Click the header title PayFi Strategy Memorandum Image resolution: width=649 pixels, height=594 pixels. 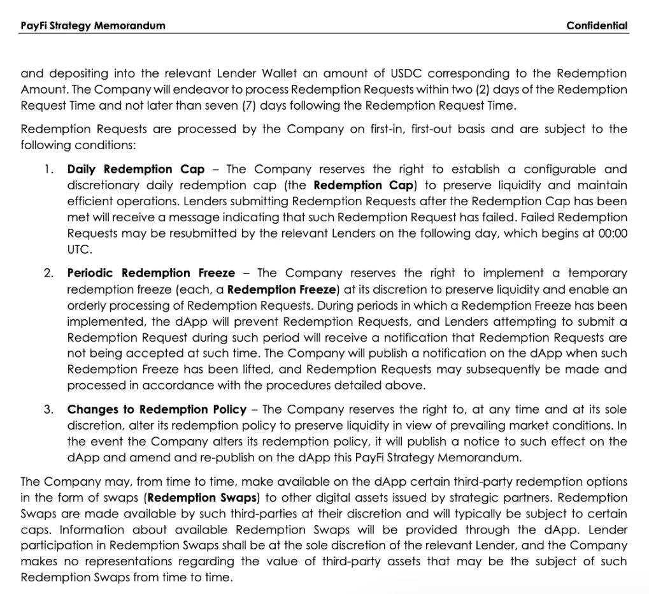pyautogui.click(x=92, y=25)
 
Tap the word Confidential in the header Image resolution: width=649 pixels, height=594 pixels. pyautogui.click(x=597, y=25)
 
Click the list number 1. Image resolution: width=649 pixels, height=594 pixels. pyautogui.click(x=48, y=169)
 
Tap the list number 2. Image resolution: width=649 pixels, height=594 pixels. pyautogui.click(x=48, y=273)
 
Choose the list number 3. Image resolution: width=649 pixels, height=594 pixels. pyautogui.click(x=48, y=409)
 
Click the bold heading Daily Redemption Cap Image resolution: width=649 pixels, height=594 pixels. pyautogui.click(x=136, y=169)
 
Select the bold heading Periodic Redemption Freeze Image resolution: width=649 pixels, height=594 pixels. pyautogui.click(x=151, y=273)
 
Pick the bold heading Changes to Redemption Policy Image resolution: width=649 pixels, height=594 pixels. pyautogui.click(x=157, y=409)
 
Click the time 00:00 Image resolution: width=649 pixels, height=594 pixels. pyautogui.click(x=613, y=233)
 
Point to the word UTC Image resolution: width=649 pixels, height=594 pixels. pyautogui.click(x=78, y=249)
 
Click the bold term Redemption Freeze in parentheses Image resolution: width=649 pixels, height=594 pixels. pyautogui.click(x=281, y=289)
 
